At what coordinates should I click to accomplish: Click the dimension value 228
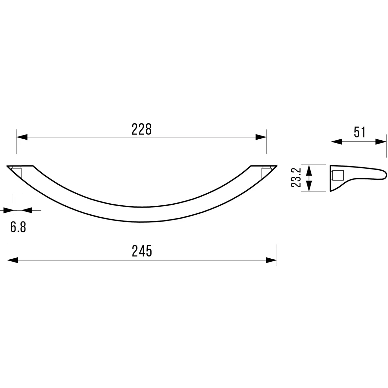pos(142,129)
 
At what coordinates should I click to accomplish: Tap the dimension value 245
pos(142,251)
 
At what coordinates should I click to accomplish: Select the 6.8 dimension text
pos(18,227)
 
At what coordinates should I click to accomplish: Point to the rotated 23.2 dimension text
pos(296,178)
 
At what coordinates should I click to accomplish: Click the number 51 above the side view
pos(360,132)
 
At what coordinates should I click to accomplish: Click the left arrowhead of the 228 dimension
pos(22,137)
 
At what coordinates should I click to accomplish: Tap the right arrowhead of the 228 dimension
pos(261,137)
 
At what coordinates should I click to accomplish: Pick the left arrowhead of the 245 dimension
pos(13,260)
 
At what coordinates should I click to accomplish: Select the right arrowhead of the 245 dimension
pos(271,260)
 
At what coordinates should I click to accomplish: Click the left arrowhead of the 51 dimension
pos(337,142)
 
